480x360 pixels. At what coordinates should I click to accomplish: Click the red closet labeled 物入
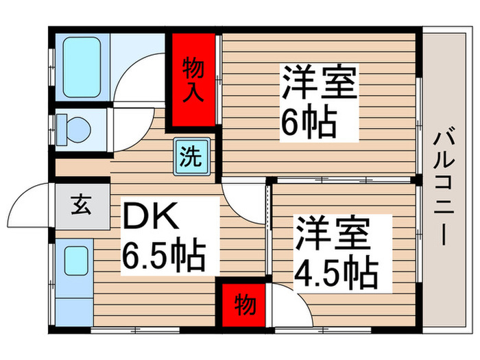(193, 80)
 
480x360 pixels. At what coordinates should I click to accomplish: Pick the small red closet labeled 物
(241, 304)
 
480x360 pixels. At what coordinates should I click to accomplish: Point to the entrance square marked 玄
(82, 204)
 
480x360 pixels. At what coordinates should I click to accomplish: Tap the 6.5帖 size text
(164, 256)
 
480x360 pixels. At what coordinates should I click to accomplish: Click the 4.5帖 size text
(336, 273)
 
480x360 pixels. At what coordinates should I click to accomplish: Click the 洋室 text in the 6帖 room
(317, 82)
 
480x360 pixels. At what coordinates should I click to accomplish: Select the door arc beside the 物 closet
(286, 301)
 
